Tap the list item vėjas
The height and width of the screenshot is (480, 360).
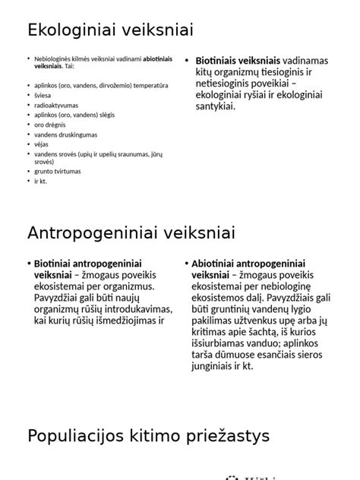tap(42, 144)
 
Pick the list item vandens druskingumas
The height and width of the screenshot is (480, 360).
tap(66, 134)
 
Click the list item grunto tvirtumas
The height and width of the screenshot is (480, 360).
tap(57, 171)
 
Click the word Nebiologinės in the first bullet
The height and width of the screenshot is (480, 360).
tap(53, 58)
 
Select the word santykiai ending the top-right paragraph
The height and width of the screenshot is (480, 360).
tap(217, 106)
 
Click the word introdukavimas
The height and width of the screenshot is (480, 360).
tap(126, 310)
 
